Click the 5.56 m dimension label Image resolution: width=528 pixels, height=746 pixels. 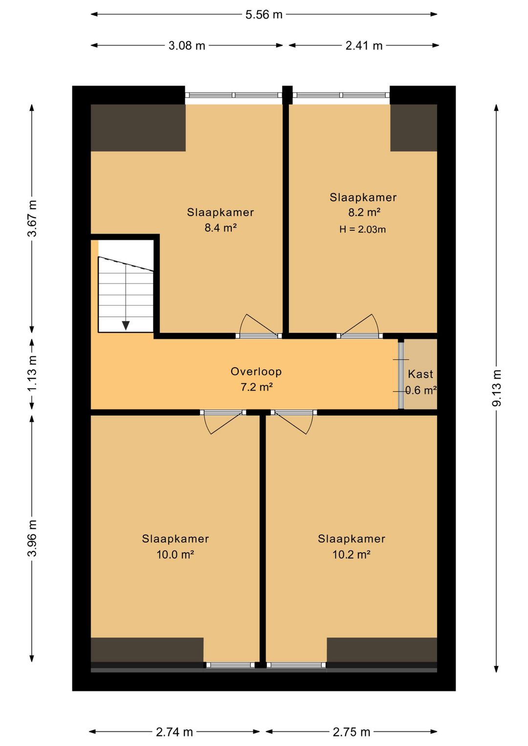point(264,15)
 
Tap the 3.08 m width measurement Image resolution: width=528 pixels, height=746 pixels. point(187,45)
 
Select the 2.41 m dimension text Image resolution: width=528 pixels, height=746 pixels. point(364,45)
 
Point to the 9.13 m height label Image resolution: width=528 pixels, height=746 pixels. point(496,388)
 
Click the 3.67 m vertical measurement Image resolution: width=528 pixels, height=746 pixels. point(32,219)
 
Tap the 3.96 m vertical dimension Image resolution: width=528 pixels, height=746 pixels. point(32,538)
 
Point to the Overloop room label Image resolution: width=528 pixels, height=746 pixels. point(256,372)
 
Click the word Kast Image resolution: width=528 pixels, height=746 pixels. point(420,374)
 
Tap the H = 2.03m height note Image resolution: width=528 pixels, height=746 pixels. point(362,229)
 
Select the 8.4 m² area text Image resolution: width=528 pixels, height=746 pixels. point(220,228)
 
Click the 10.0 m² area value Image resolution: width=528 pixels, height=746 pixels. point(175,554)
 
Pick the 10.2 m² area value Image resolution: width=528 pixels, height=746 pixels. point(352,554)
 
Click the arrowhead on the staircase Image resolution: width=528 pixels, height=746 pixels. point(126,326)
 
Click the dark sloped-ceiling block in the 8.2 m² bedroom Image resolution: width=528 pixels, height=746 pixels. point(414,128)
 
